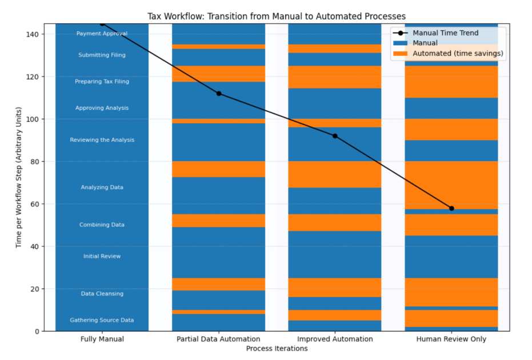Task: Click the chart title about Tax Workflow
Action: tap(277, 16)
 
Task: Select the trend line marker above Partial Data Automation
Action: tap(218, 94)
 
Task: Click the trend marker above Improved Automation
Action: tap(335, 136)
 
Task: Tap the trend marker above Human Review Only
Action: tap(451, 208)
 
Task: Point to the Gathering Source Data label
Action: tap(102, 320)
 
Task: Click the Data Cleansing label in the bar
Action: tap(102, 294)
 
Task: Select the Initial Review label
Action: tap(102, 257)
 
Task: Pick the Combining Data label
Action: tap(102, 225)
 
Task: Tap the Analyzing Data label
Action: tap(102, 187)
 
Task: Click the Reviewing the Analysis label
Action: tap(102, 140)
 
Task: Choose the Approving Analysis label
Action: tap(102, 108)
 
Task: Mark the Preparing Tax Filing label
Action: tap(102, 82)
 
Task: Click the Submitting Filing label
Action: tap(102, 55)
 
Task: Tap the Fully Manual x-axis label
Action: tap(102, 339)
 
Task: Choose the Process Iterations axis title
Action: tap(277, 349)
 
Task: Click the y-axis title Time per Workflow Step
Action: tap(19, 177)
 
